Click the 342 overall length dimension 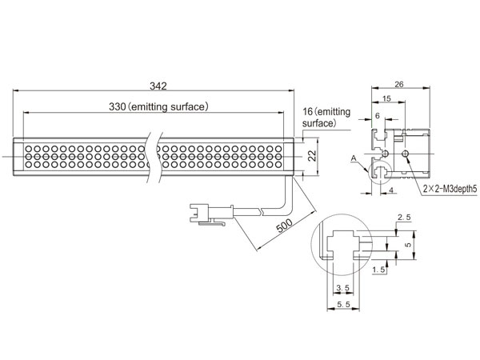click(158, 86)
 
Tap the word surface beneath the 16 click(318, 125)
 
